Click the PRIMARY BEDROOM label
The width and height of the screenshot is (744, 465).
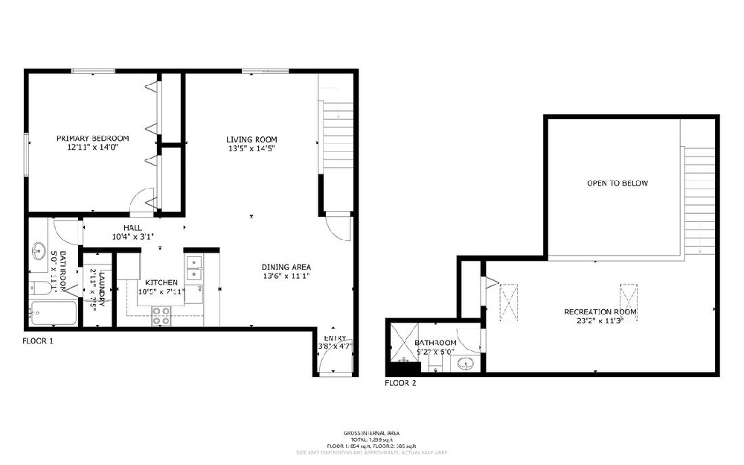click(93, 139)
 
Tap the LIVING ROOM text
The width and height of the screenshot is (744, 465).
click(252, 139)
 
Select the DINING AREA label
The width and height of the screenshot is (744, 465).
click(286, 267)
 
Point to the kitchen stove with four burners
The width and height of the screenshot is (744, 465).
click(161, 316)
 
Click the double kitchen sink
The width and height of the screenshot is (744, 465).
click(193, 268)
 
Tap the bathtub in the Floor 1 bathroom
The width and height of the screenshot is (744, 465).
click(53, 314)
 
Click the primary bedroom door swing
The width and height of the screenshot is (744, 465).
click(140, 200)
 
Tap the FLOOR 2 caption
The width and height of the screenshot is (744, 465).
click(400, 384)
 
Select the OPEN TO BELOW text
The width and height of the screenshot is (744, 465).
click(617, 183)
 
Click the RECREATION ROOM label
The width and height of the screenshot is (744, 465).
click(600, 311)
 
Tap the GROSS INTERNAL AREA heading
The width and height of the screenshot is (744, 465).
click(371, 432)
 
